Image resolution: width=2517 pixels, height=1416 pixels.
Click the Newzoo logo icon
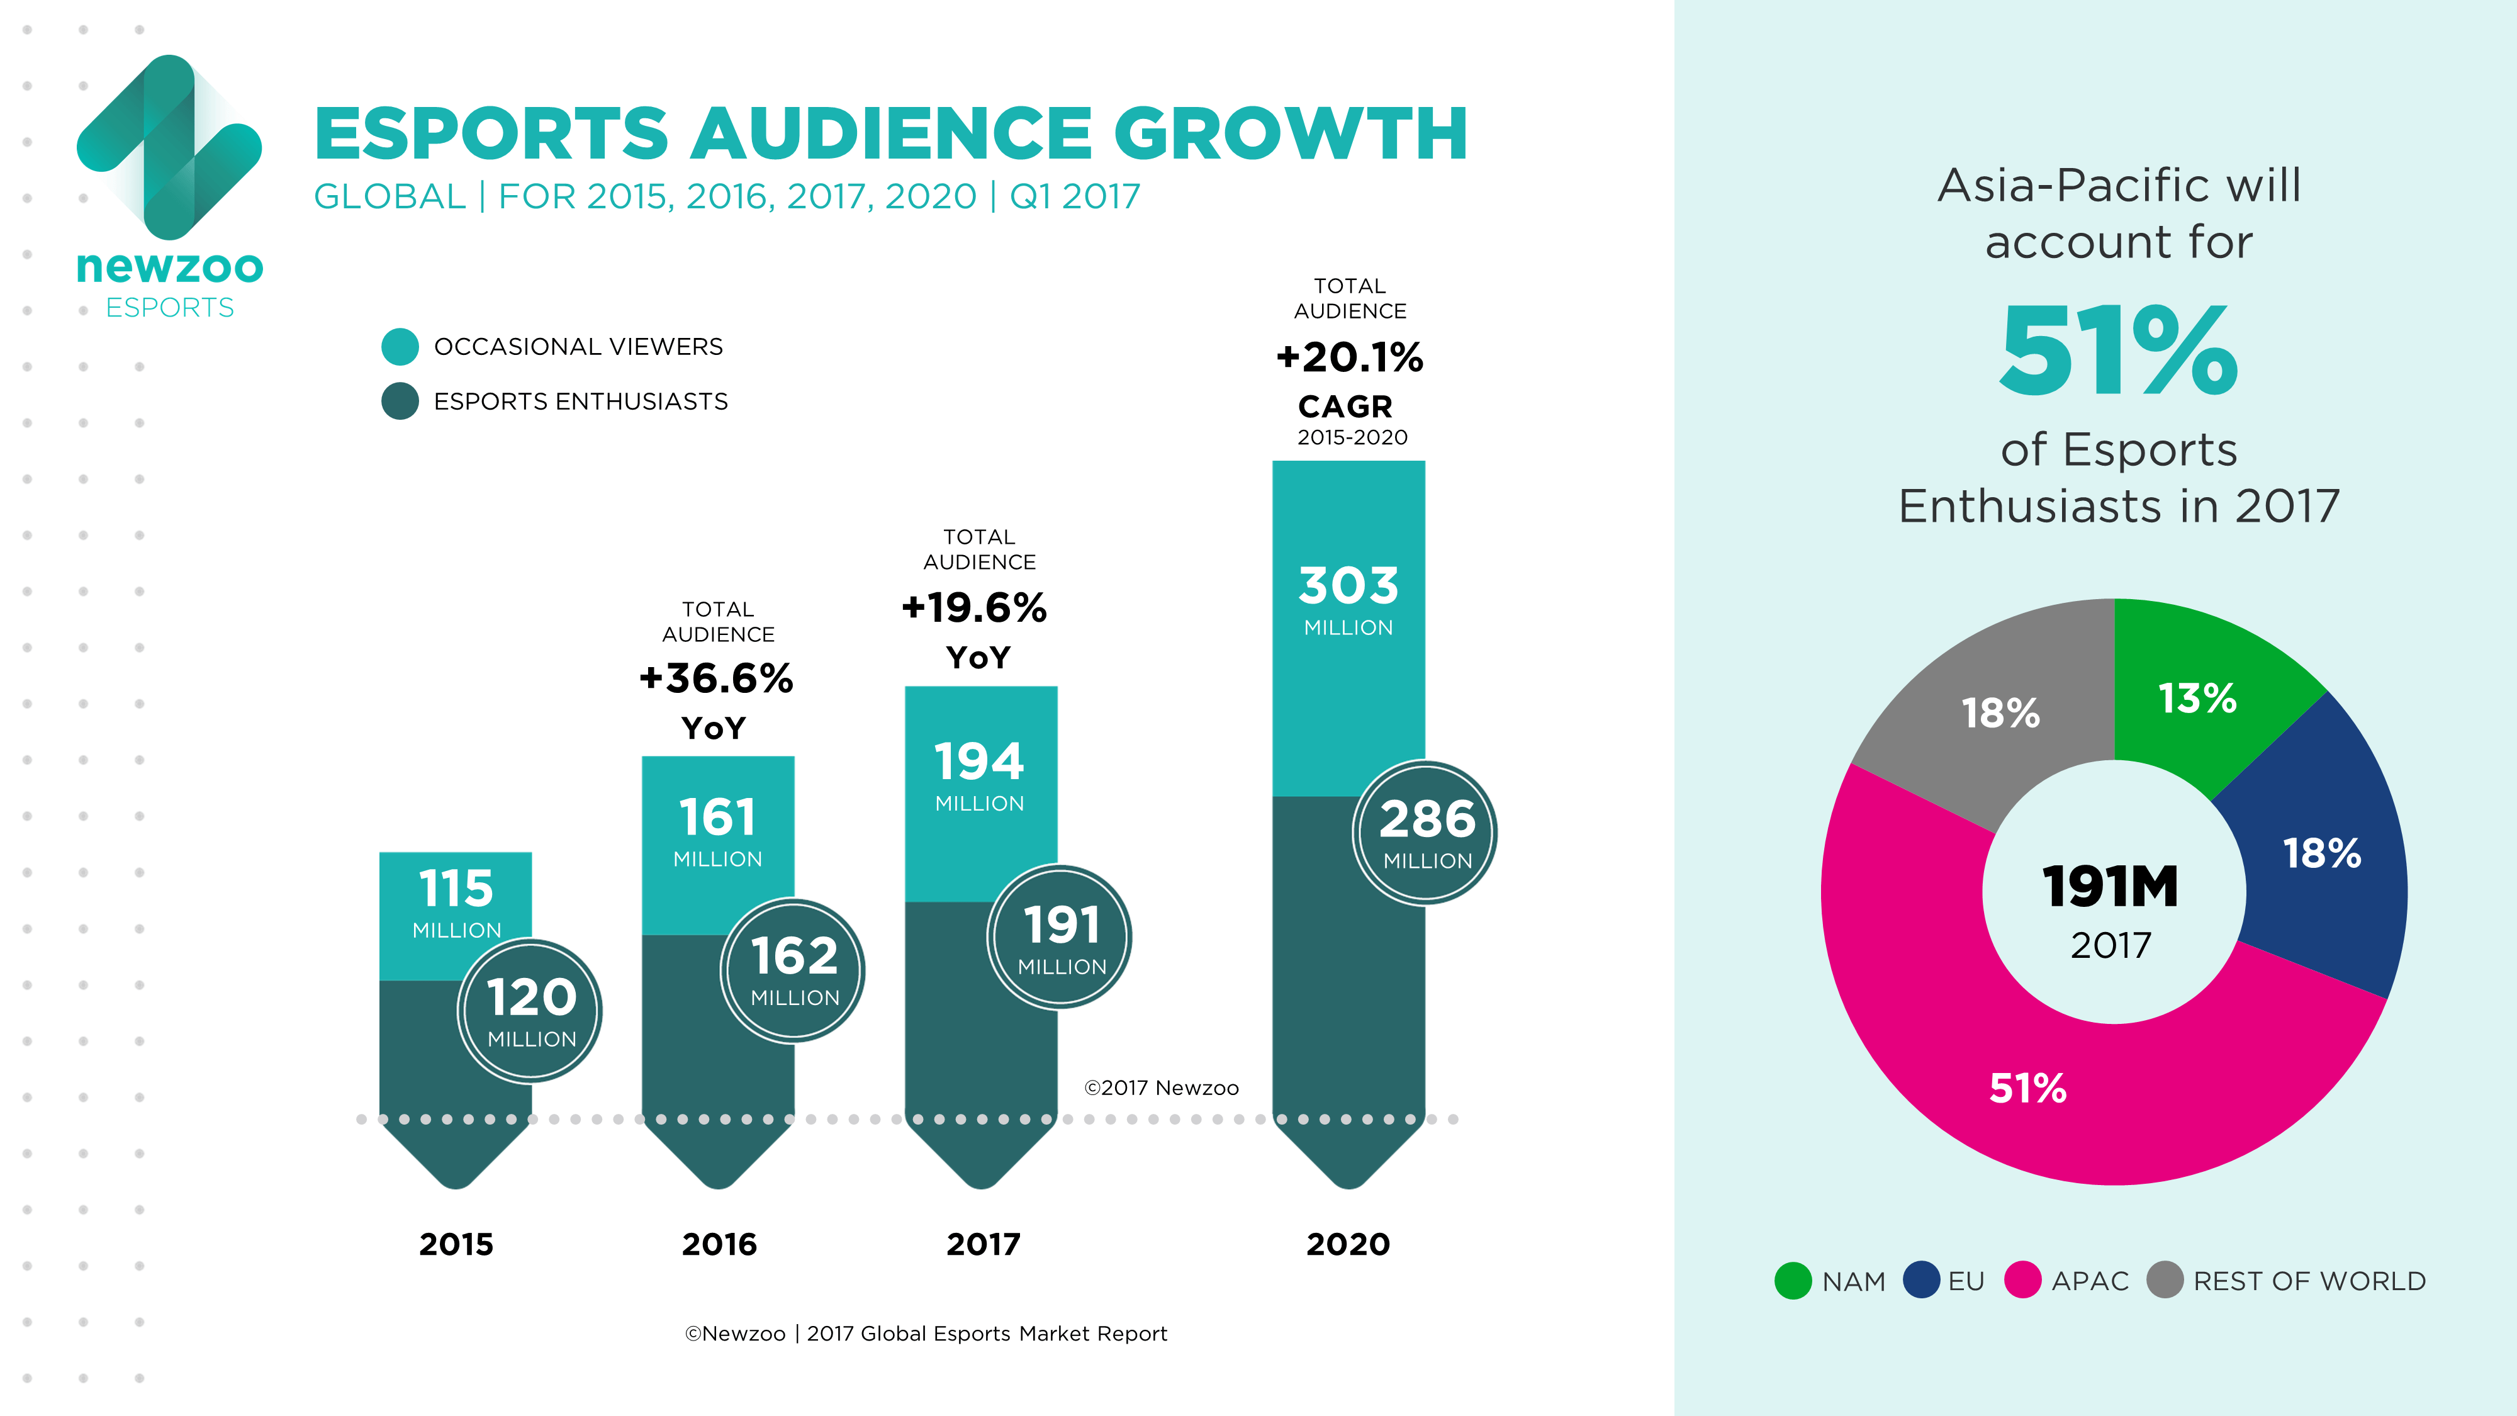pos(169,147)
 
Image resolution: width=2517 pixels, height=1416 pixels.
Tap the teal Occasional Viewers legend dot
pos(400,347)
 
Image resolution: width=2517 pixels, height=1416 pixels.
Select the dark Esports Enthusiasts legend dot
pos(400,402)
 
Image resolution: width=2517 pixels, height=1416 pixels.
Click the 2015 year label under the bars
pos(456,1244)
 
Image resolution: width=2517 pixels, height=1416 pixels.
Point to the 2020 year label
pos(1348,1244)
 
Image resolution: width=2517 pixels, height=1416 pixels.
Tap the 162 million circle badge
pos(793,969)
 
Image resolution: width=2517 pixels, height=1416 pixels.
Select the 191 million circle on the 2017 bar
pos(1061,937)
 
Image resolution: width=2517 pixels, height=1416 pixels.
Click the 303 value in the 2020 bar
pos(1348,587)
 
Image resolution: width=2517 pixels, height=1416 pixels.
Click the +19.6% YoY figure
pos(974,608)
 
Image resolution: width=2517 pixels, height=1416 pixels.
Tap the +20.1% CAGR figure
pos(1349,357)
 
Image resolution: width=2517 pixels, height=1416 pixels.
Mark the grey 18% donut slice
pos(2000,714)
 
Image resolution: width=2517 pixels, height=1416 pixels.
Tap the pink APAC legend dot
pos(2022,1280)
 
